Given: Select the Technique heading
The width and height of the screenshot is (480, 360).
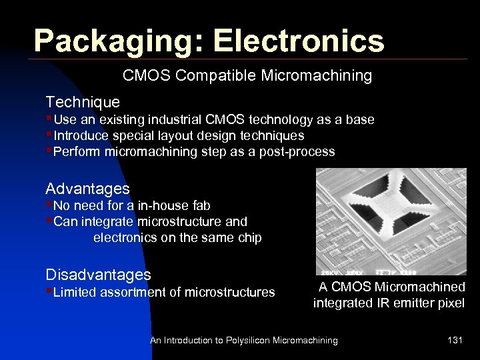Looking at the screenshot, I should tap(83, 102).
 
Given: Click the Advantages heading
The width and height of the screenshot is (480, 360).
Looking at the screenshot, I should tap(87, 189).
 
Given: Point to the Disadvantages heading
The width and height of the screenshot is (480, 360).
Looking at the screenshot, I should tap(98, 275).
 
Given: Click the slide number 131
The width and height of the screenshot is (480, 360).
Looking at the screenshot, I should tap(455, 341).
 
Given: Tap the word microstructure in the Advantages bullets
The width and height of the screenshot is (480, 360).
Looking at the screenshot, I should tap(175, 222).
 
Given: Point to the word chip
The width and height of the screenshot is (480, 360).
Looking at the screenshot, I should tap(247, 238).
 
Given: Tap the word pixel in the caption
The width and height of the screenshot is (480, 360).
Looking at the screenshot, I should tap(450, 304).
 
